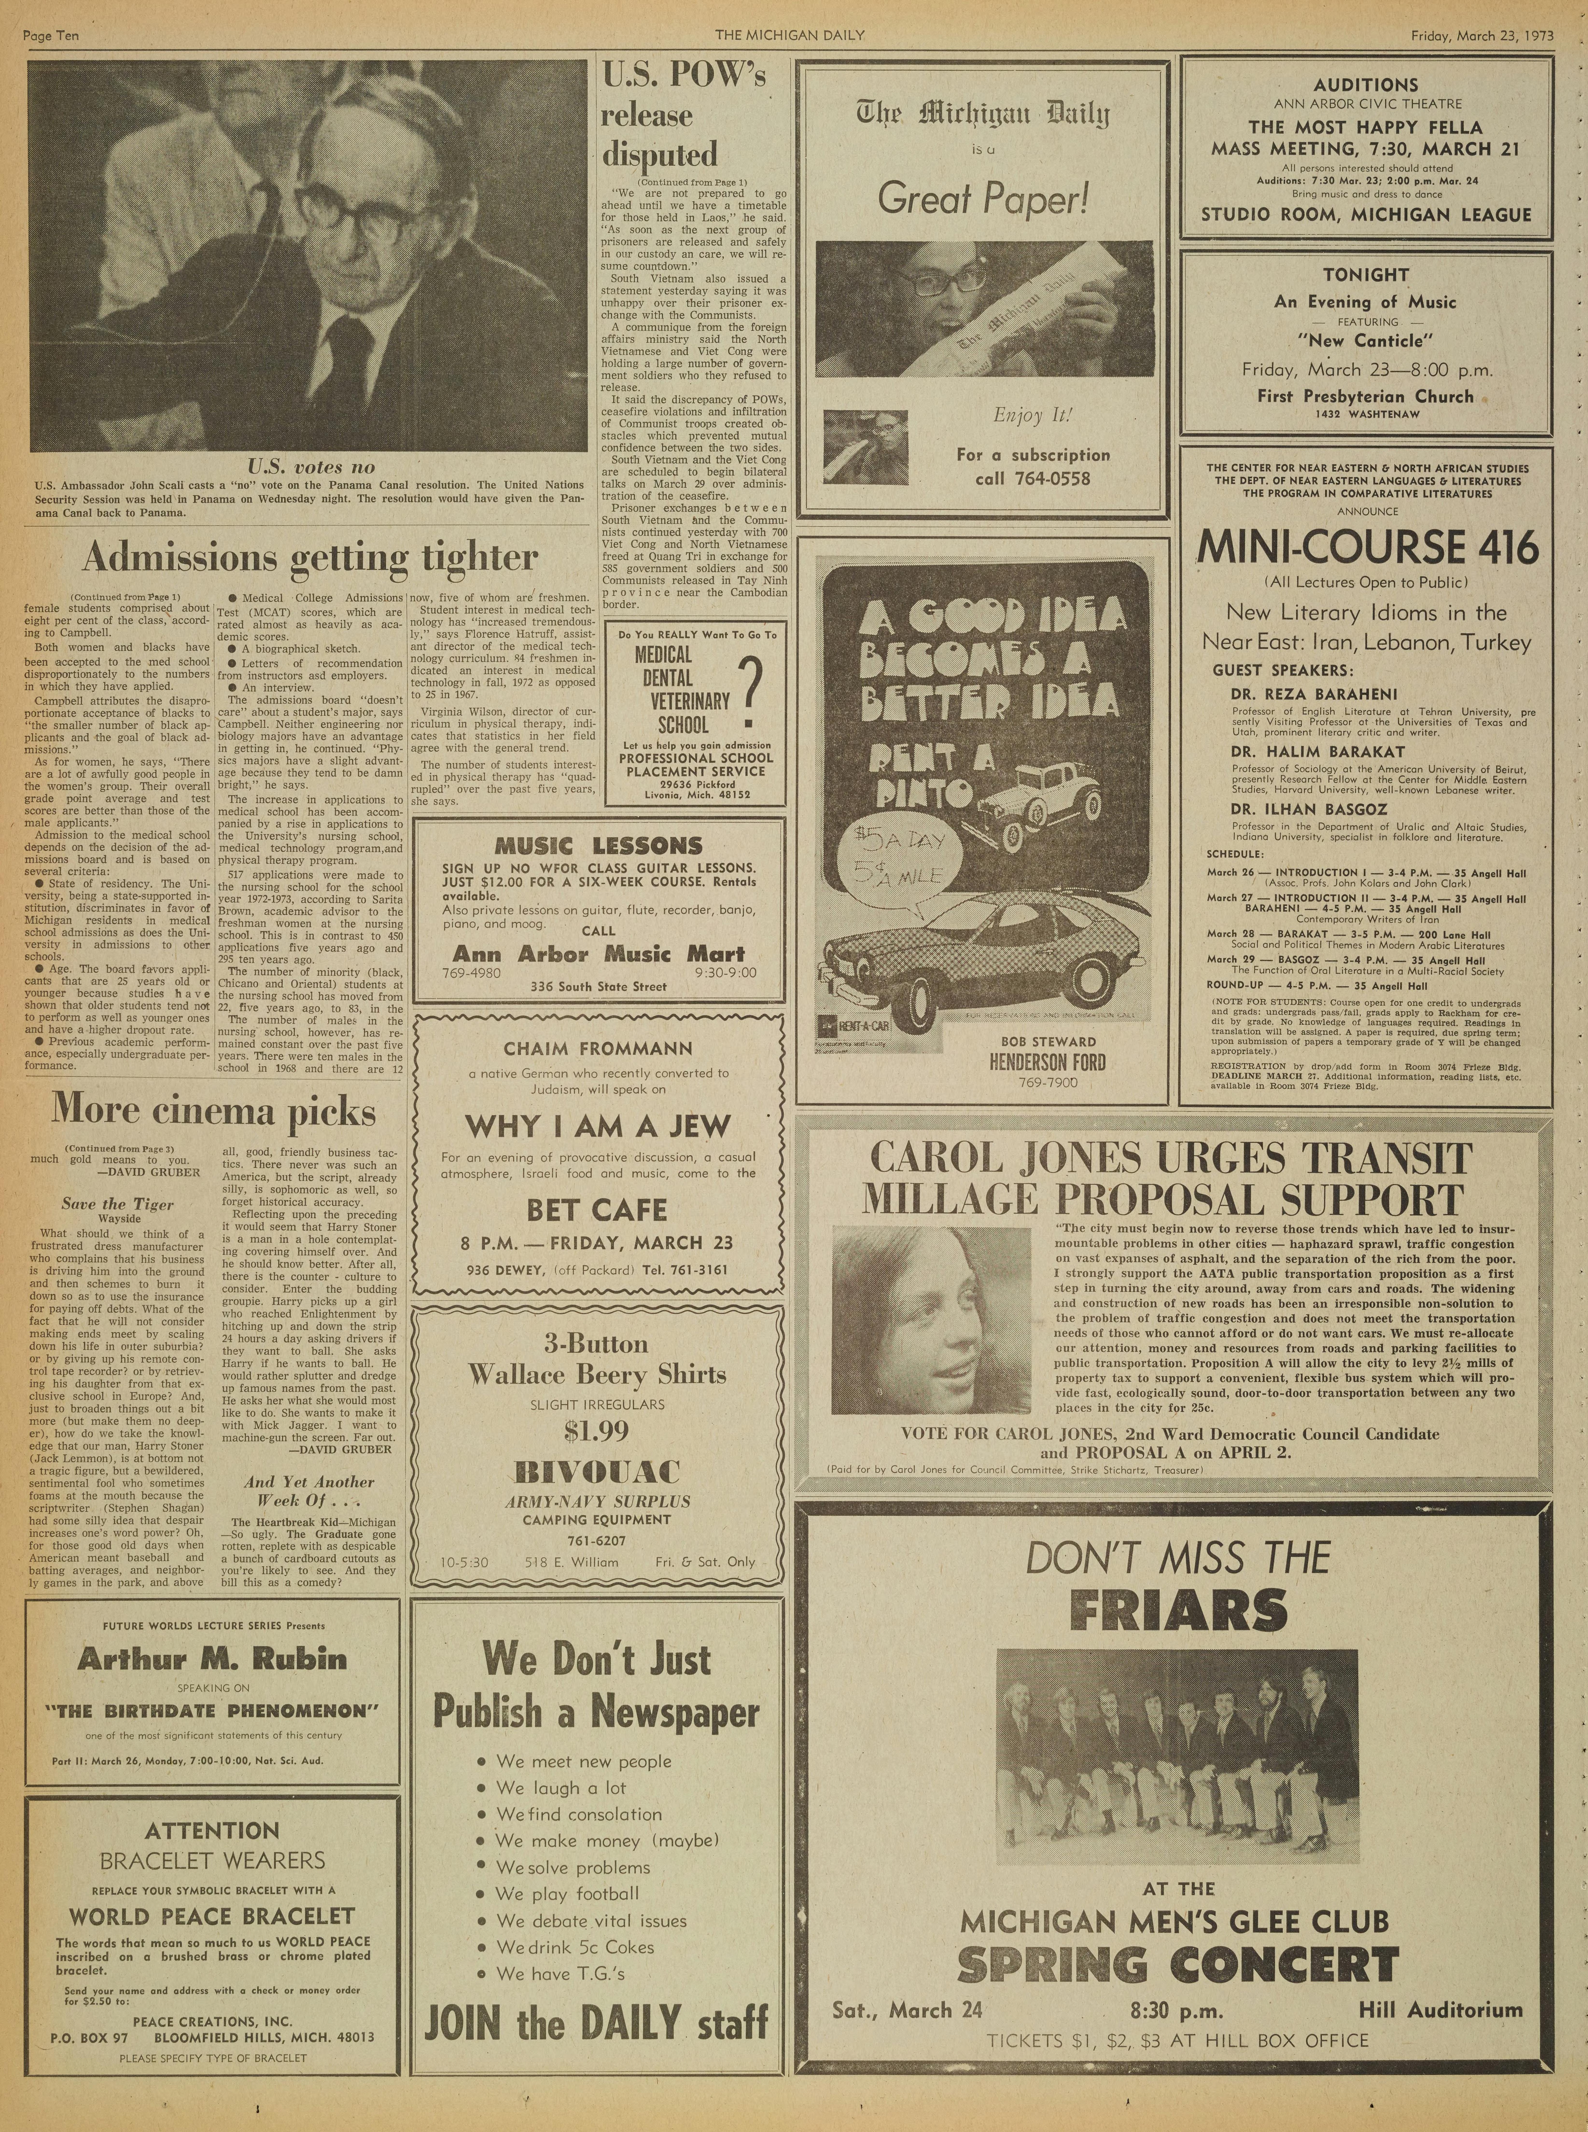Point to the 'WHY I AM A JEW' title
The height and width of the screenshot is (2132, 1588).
click(x=597, y=1126)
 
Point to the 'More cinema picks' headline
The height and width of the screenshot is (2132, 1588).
click(x=213, y=1110)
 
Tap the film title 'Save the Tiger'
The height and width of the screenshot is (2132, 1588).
click(x=117, y=1204)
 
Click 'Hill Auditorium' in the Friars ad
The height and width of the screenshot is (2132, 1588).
click(x=1440, y=2009)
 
